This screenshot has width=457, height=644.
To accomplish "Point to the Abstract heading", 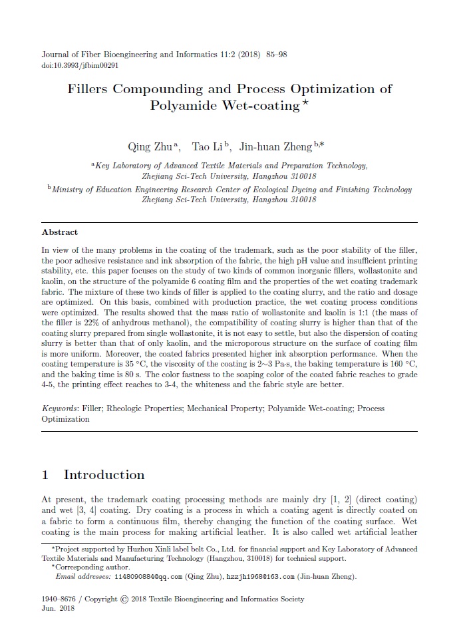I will (60, 232).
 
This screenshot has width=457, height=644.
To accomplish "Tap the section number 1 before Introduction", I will (45, 475).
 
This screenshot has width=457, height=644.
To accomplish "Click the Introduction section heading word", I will (104, 475).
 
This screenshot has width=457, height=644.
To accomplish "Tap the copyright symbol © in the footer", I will (124, 599).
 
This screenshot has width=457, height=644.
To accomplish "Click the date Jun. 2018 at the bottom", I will (58, 609).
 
